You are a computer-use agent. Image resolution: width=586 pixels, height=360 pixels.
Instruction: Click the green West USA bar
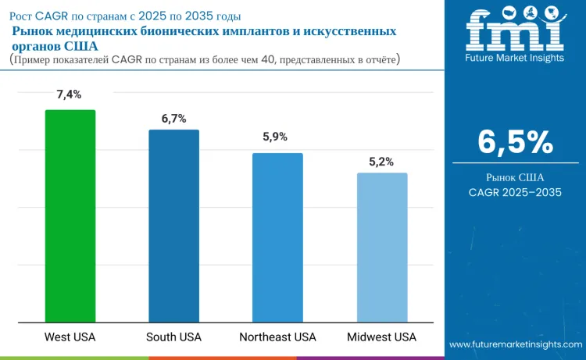[70, 216]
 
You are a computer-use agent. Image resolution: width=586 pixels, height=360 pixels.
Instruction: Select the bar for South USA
[174, 226]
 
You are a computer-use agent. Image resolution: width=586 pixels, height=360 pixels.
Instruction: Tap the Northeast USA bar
[277, 237]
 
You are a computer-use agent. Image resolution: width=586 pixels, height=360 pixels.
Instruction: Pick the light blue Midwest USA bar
[382, 247]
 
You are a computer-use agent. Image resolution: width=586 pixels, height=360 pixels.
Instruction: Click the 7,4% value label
[70, 94]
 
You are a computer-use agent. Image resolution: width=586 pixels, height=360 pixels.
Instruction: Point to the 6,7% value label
[173, 119]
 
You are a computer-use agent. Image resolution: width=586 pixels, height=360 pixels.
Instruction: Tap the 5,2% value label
[381, 162]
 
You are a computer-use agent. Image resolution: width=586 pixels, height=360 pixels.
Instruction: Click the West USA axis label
[70, 337]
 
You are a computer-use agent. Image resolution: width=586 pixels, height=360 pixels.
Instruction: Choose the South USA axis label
[173, 337]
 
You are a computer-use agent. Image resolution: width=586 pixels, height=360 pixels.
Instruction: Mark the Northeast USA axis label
[277, 337]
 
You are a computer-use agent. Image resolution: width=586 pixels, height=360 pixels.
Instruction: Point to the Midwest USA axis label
[381, 337]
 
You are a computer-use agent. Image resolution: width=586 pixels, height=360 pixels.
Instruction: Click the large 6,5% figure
[515, 142]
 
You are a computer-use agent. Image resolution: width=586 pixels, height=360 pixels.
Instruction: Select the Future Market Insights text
[515, 58]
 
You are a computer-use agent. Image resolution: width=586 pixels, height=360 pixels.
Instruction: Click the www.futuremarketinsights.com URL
[516, 344]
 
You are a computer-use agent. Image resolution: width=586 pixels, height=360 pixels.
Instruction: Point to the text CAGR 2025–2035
[515, 192]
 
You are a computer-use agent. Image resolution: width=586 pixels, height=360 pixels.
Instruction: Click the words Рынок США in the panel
[515, 176]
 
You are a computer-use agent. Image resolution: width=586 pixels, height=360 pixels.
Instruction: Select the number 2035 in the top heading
[198, 16]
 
